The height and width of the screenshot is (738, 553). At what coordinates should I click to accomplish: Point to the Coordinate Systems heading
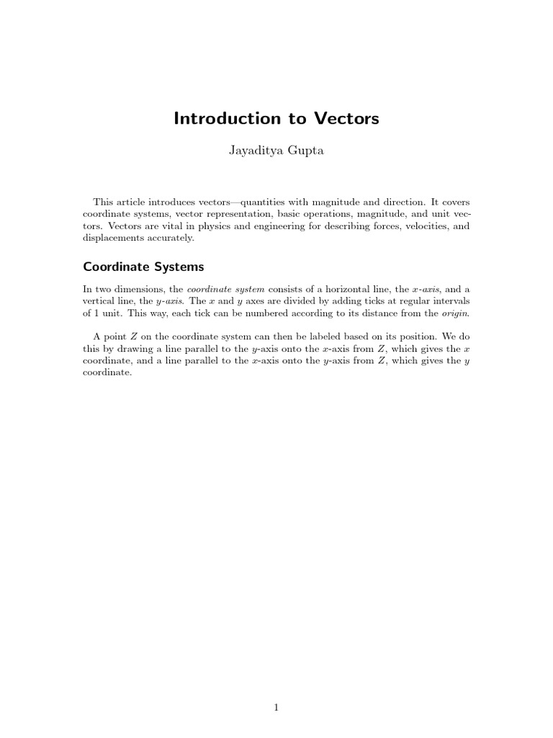[144, 266]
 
